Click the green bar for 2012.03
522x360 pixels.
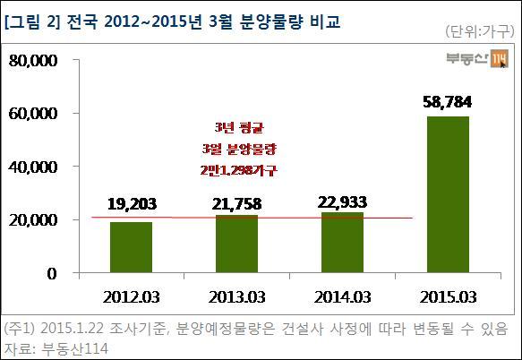[x=131, y=247]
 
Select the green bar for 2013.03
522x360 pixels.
[x=236, y=244]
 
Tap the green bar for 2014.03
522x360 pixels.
[x=342, y=243]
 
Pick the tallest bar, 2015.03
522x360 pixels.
[x=448, y=194]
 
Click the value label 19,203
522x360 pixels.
[x=132, y=204]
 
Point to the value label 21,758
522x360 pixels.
[x=236, y=204]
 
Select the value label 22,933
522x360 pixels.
[x=342, y=202]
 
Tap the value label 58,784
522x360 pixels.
[x=448, y=102]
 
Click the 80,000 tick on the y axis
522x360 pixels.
[x=33, y=61]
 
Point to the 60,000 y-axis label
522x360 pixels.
[x=33, y=114]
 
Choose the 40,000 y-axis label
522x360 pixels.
[x=33, y=167]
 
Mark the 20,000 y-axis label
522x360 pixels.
[x=33, y=220]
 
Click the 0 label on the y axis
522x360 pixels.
[x=52, y=274]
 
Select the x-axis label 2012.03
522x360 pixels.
[x=131, y=297]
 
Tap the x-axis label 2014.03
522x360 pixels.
[x=342, y=297]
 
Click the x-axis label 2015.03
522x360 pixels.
[x=448, y=297]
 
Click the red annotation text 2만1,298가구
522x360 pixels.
[x=239, y=171]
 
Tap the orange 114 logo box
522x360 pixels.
[x=500, y=58]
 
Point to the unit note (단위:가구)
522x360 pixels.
[x=480, y=31]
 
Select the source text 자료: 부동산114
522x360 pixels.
[x=56, y=348]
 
